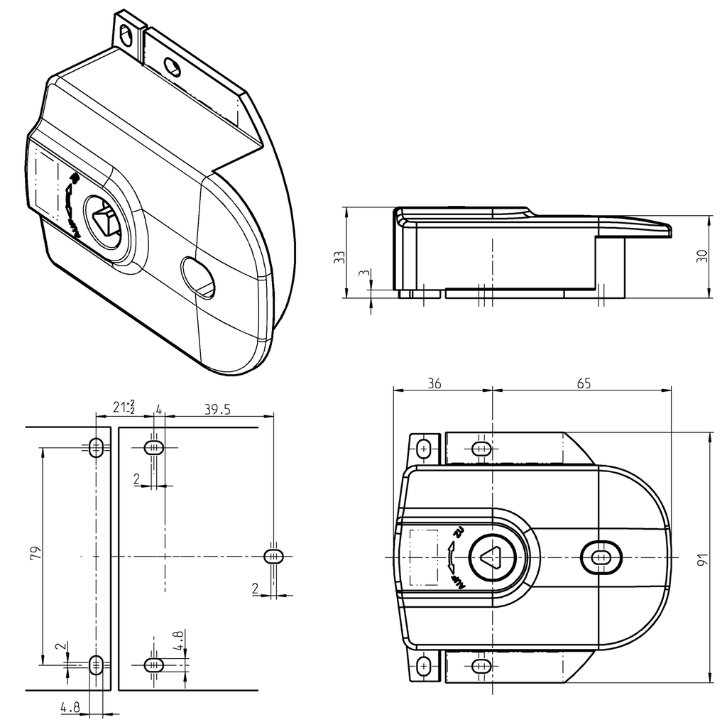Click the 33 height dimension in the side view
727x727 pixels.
pyautogui.click(x=339, y=257)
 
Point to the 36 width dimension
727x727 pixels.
pyautogui.click(x=434, y=383)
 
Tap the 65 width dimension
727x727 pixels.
pyautogui.click(x=583, y=383)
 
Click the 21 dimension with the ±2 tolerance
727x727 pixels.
pyautogui.click(x=123, y=408)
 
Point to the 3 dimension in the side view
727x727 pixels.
pyautogui.click(x=363, y=274)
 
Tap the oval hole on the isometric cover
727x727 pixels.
pyautogui.click(x=199, y=278)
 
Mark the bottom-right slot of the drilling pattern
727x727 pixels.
pyautogui.click(x=154, y=665)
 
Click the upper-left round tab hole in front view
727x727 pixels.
pyautogui.click(x=424, y=449)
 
